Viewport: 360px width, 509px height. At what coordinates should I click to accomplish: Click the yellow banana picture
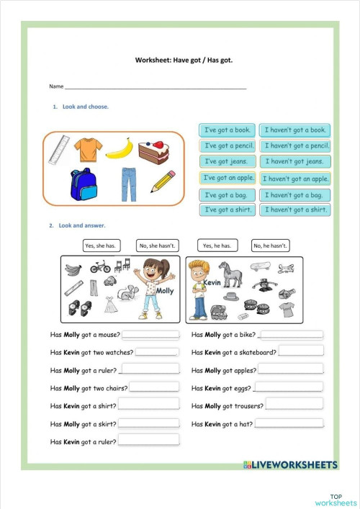coord(119,148)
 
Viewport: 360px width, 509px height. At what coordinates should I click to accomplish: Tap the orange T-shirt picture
coord(88,149)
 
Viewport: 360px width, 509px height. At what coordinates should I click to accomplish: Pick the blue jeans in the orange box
coord(128,184)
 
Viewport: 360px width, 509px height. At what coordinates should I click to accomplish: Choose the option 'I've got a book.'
coord(227,130)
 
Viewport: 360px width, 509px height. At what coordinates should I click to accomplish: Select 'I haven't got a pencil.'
coord(295,146)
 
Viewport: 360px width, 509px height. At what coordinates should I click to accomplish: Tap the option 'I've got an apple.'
coord(227,178)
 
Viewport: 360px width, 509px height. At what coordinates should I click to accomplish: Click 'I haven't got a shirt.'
coord(295,210)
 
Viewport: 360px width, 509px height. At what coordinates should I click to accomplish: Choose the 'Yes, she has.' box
coord(100,246)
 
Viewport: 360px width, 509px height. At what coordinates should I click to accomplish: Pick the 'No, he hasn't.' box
coord(271,246)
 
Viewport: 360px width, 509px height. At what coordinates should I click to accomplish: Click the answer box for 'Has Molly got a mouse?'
coord(150,335)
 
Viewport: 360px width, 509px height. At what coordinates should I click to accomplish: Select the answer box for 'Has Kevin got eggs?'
coord(288,387)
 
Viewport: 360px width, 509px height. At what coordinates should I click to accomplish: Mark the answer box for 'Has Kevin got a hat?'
coord(289,423)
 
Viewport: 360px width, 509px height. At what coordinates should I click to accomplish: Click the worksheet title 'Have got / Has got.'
coord(184,60)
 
